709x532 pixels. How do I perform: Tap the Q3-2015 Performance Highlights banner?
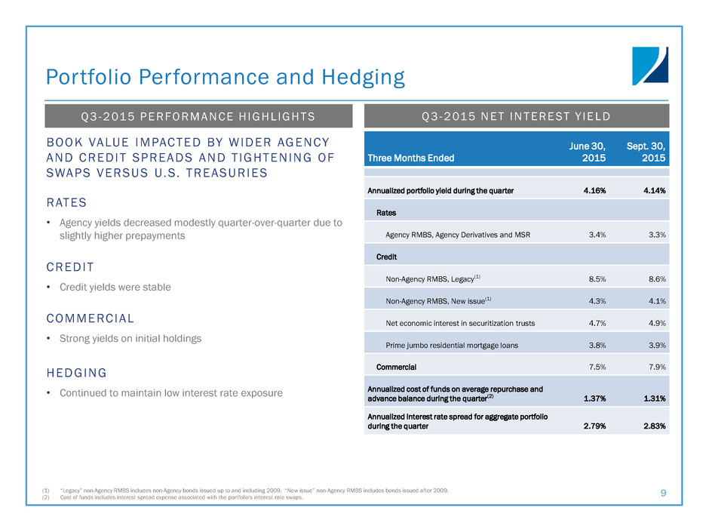click(199, 116)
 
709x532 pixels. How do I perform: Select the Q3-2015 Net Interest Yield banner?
click(517, 116)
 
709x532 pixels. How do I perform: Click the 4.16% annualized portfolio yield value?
click(597, 190)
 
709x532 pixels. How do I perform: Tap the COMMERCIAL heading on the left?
click(90, 318)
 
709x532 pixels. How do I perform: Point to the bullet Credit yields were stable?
click(115, 288)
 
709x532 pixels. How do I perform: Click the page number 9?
click(663, 494)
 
